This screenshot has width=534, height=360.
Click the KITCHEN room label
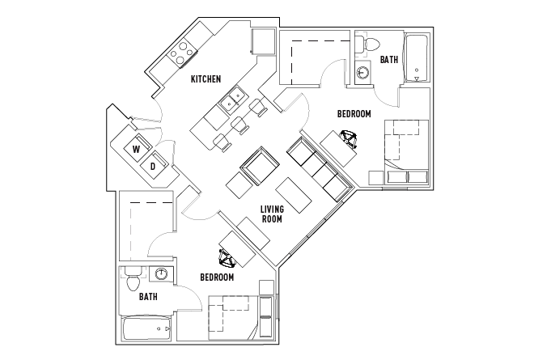click(x=207, y=79)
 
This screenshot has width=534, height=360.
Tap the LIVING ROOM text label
click(x=271, y=214)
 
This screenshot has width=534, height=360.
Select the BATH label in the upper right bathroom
click(x=389, y=59)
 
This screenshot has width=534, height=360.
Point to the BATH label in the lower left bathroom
click(x=147, y=297)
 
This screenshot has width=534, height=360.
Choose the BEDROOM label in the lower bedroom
click(x=217, y=277)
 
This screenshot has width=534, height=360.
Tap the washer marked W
click(x=137, y=149)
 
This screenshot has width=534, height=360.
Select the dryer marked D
click(x=153, y=167)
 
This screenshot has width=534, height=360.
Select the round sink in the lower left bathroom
click(x=162, y=274)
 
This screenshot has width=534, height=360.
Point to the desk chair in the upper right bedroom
click(x=350, y=140)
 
